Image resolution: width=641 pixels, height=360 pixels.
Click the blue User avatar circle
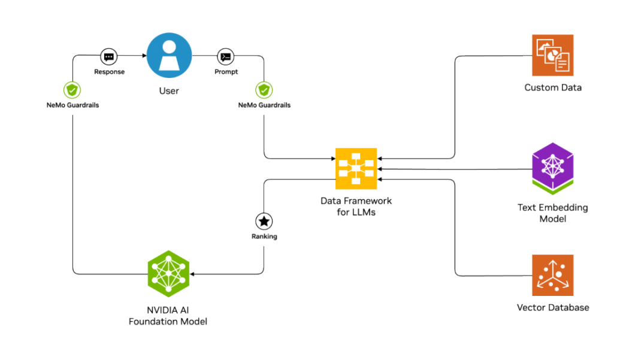click(169, 55)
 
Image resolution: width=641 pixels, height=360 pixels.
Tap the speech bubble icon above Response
click(108, 57)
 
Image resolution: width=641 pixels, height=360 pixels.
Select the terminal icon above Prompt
click(226, 57)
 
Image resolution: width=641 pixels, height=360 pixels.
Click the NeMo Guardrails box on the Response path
click(72, 98)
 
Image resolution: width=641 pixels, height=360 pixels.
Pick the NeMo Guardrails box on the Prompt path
click(264, 98)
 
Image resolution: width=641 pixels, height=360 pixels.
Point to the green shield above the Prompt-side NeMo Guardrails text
click(264, 90)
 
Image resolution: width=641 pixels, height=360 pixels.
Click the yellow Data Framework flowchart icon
click(356, 168)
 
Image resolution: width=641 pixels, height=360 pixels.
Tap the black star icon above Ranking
click(264, 221)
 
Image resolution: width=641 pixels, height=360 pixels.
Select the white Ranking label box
click(264, 236)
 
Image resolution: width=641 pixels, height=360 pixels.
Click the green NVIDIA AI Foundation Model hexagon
click(168, 273)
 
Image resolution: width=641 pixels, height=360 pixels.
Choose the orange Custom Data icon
click(552, 55)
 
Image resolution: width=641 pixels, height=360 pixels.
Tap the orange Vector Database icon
click(552, 275)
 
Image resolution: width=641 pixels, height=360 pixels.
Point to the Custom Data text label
click(553, 88)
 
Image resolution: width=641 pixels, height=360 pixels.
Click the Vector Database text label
click(553, 308)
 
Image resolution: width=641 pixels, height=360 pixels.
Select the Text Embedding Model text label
click(553, 213)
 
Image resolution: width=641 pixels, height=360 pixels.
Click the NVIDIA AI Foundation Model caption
click(168, 316)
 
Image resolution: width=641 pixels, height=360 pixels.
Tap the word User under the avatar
click(169, 92)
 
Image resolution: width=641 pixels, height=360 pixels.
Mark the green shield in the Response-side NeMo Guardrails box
click(72, 90)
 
